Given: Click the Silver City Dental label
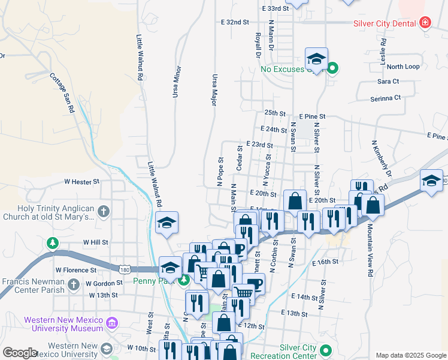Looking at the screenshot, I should tap(385, 23).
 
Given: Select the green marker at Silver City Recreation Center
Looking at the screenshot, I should tap(326, 349).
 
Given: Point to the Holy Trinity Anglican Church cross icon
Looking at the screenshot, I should tap(104, 211).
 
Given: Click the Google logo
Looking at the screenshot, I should tap(20, 353).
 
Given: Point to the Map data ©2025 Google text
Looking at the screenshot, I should tap(411, 355).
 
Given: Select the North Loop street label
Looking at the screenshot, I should tap(403, 67).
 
